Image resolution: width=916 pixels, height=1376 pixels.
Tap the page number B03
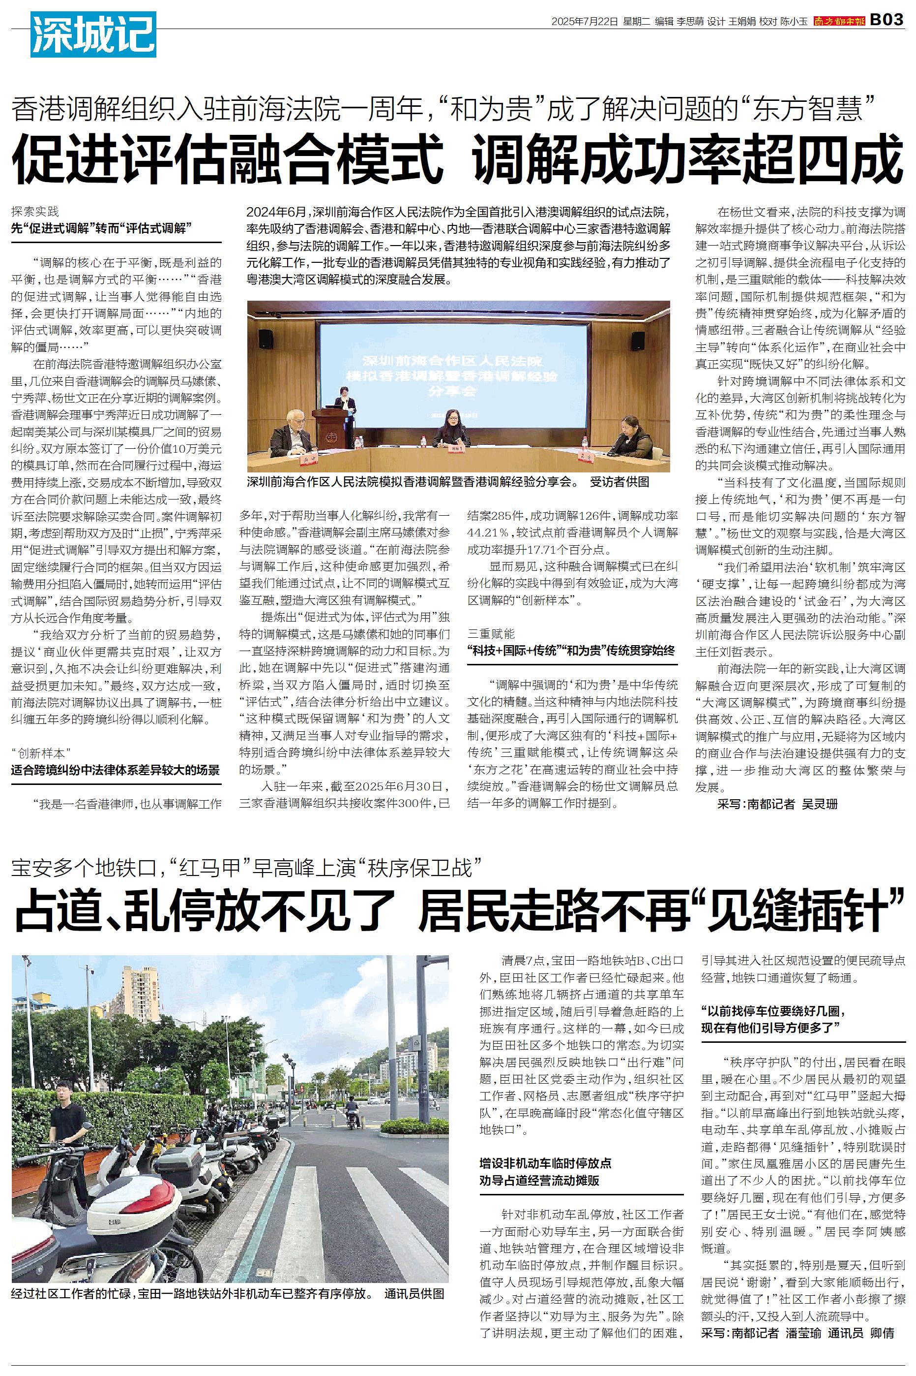pos(887,20)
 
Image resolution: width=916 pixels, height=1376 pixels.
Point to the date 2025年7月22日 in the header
pos(584,21)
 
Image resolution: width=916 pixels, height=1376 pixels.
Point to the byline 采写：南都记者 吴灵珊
pos(777,804)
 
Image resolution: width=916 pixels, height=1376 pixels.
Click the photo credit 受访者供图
pos(619,482)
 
